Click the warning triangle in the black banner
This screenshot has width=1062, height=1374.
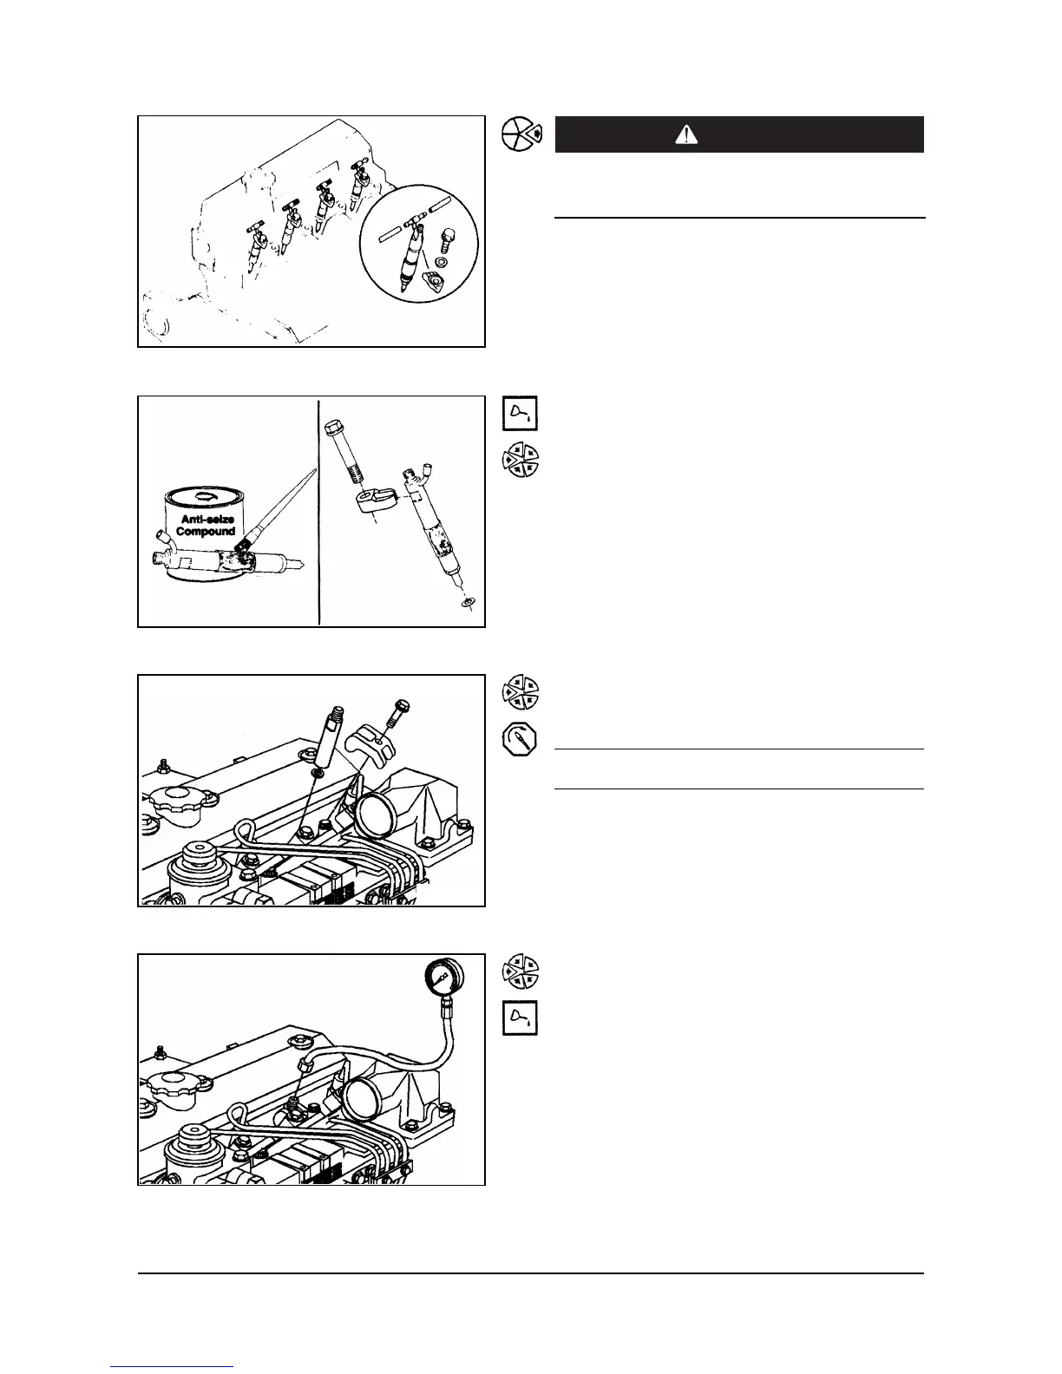[x=685, y=134]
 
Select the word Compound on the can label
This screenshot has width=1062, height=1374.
[x=206, y=531]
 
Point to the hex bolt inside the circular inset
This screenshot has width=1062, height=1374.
[x=449, y=236]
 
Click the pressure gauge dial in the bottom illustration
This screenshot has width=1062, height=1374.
[x=441, y=978]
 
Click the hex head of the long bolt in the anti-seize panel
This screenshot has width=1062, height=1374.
[x=332, y=428]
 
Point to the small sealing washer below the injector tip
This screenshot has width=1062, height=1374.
[x=468, y=601]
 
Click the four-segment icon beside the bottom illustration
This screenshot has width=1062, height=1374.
[x=521, y=971]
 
